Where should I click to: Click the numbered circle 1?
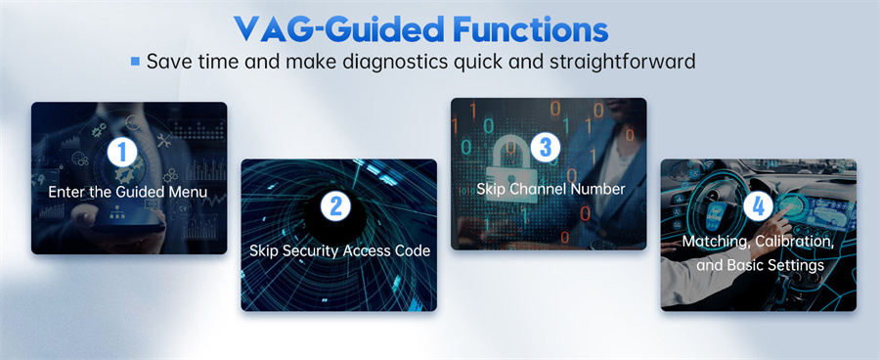[x=122, y=153]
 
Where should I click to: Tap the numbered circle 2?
[x=335, y=206]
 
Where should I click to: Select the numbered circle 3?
[x=545, y=147]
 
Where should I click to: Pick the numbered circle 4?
[x=758, y=207]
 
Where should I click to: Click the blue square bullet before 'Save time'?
[x=135, y=61]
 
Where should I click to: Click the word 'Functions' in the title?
[x=531, y=29]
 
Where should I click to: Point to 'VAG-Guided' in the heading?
[x=339, y=29]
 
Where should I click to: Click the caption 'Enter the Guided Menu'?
[x=128, y=192]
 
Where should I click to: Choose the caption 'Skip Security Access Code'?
[x=339, y=250]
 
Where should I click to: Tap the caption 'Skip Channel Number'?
[x=550, y=189]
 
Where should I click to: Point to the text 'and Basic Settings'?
[x=760, y=264]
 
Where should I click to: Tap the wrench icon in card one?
[x=163, y=141]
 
